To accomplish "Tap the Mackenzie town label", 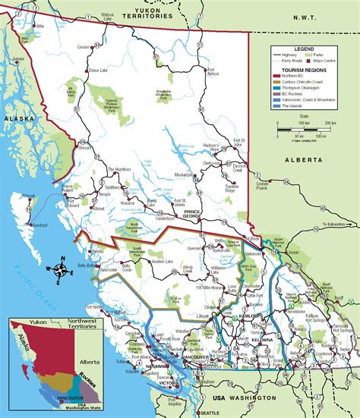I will click(x=183, y=174).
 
